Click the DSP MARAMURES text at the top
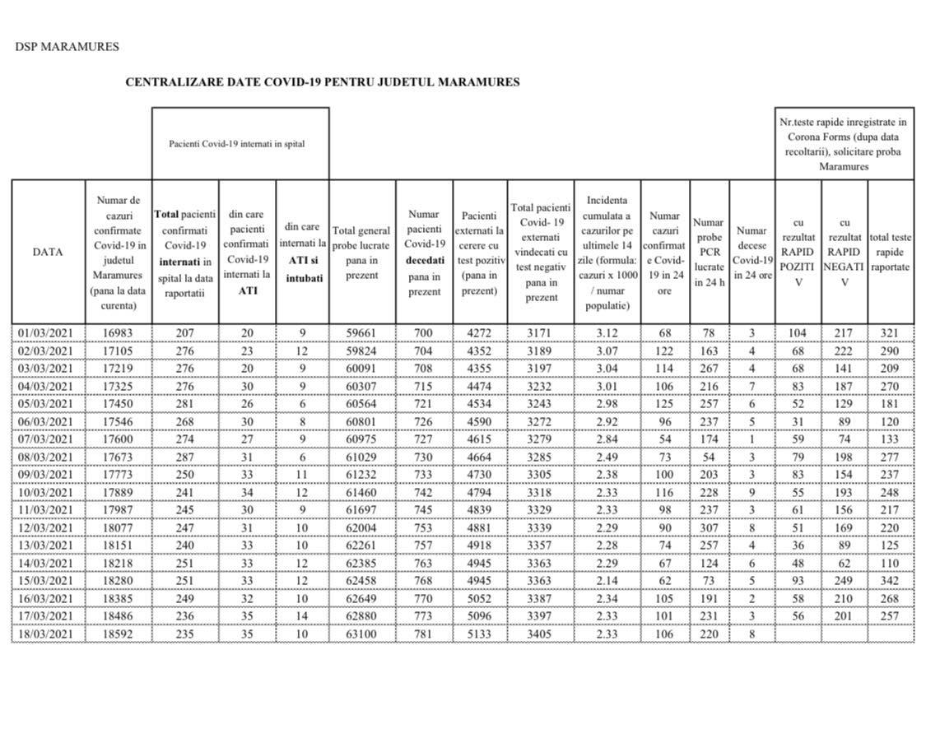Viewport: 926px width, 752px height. pyautogui.click(x=67, y=47)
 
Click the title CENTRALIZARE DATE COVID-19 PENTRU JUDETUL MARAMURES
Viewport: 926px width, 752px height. pyautogui.click(x=322, y=82)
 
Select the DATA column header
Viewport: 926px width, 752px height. pyautogui.click(x=48, y=253)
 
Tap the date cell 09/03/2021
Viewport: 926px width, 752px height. pyautogui.click(x=48, y=475)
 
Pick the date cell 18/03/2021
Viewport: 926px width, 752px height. pyautogui.click(x=48, y=634)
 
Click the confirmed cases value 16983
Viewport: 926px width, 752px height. pyautogui.click(x=119, y=333)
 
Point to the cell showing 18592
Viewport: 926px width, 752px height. pyautogui.click(x=119, y=634)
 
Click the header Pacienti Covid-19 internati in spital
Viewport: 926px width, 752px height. pyautogui.click(x=237, y=143)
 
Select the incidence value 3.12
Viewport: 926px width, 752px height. pyautogui.click(x=607, y=333)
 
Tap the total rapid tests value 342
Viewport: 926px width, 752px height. pyautogui.click(x=890, y=581)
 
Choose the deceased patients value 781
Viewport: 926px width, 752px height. pyautogui.click(x=424, y=634)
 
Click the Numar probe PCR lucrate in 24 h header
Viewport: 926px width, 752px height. pyautogui.click(x=709, y=253)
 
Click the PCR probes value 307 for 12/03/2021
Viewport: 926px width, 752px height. pyautogui.click(x=709, y=528)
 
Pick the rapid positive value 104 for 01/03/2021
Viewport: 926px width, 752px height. pyautogui.click(x=798, y=333)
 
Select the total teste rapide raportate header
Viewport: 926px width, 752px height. pyautogui.click(x=890, y=253)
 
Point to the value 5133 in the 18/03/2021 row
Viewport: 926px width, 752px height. pyautogui.click(x=479, y=634)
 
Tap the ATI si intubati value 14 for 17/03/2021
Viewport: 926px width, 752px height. pyautogui.click(x=302, y=616)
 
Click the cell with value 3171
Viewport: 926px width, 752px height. pyautogui.click(x=540, y=333)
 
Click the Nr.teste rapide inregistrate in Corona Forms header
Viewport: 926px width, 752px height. pyautogui.click(x=844, y=144)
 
